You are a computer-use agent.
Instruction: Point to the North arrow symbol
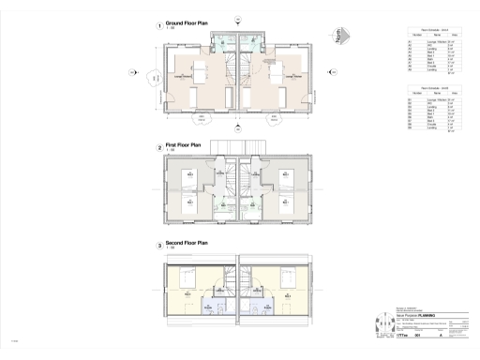[x=344, y=39]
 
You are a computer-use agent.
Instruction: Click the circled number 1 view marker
[x=158, y=24]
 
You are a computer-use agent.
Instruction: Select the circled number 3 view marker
[x=158, y=246]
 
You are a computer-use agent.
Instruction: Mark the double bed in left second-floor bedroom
[x=185, y=279]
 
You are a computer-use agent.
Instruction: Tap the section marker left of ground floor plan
[x=132, y=71]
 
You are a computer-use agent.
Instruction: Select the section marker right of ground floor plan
[x=347, y=71]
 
